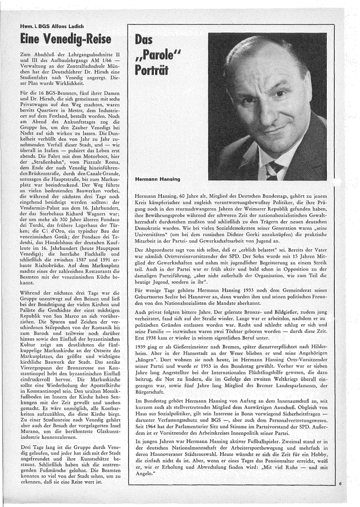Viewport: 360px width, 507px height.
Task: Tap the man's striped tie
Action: point(276,170)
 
